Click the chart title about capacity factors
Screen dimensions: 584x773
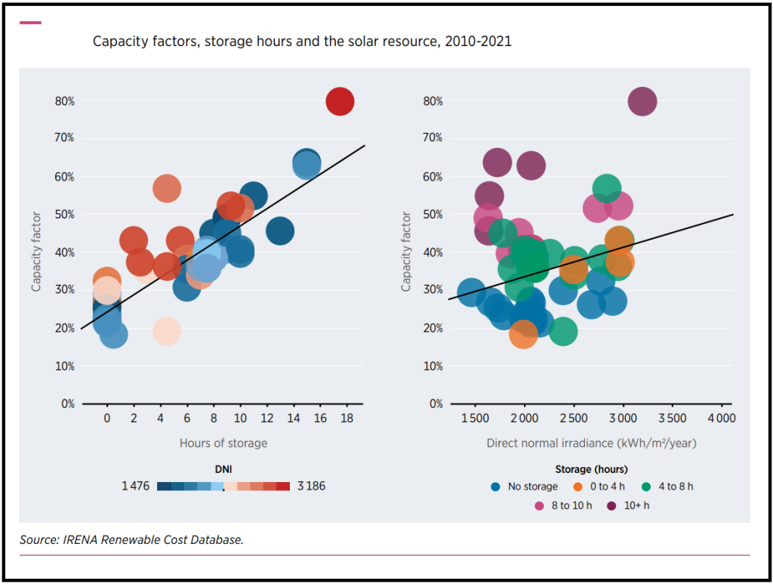[x=302, y=42]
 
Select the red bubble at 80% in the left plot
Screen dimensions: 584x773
[x=340, y=100]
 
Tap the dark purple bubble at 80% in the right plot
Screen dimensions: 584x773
[x=642, y=100]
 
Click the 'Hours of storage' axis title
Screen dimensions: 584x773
[x=223, y=443]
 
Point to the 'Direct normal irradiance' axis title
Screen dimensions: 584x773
[x=591, y=443]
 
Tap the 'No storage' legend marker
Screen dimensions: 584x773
[x=496, y=487]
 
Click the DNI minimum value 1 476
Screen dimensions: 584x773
[x=137, y=486]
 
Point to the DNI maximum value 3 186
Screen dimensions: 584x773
[x=311, y=486]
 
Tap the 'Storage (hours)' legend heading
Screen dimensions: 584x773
[x=591, y=469]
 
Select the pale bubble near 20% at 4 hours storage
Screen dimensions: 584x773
[x=166, y=330]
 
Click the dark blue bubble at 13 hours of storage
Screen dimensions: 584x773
[x=279, y=230]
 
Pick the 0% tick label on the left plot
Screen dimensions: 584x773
[x=67, y=404]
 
